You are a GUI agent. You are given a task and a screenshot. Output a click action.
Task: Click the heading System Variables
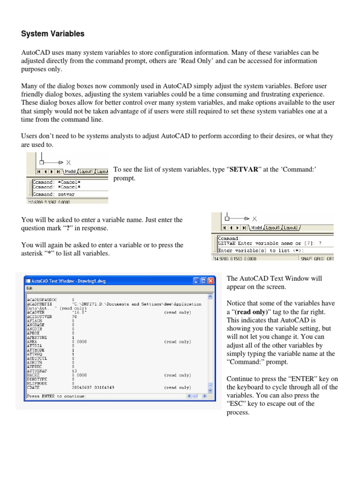pyautogui.click(x=53, y=34)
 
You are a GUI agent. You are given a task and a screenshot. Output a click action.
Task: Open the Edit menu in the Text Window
pyautogui.click(x=29, y=289)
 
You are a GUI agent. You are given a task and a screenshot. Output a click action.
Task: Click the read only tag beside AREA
pyautogui.click(x=177, y=342)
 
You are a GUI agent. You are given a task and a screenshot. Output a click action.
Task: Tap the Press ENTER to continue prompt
pyautogui.click(x=56, y=396)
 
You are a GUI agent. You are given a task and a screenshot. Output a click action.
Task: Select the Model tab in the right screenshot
pyautogui.click(x=256, y=227)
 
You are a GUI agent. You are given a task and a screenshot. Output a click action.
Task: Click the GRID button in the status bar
pyautogui.click(x=319, y=258)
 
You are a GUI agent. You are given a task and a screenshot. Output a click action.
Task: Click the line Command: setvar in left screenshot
pyautogui.click(x=54, y=194)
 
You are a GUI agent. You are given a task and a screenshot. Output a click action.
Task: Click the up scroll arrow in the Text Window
pyautogui.click(x=210, y=297)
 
